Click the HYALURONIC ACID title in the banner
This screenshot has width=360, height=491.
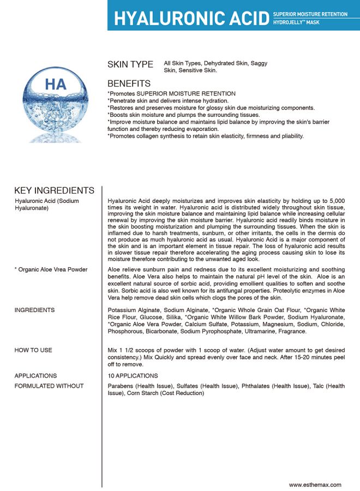pos(191,18)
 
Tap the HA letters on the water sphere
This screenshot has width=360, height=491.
pos(56,85)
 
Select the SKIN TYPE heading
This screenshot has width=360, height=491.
pos(130,64)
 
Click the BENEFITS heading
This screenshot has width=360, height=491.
pos(129,84)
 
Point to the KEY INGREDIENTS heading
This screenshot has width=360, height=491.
pos(54,190)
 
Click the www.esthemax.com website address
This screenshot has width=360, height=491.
pos(315,484)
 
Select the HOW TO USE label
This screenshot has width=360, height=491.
pos(33,350)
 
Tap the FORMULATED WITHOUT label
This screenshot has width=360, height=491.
pos(49,386)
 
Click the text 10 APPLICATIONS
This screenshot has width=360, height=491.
pos(133,376)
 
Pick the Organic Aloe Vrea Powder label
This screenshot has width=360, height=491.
pos(51,270)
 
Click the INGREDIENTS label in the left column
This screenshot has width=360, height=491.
pos(34,310)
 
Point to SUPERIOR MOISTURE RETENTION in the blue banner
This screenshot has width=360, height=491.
pos(310,14)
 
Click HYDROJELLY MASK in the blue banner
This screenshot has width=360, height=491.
pos(297,23)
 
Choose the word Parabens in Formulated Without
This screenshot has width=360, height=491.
pos(123,386)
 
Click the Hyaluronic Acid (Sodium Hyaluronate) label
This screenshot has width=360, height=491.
pos(47,205)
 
